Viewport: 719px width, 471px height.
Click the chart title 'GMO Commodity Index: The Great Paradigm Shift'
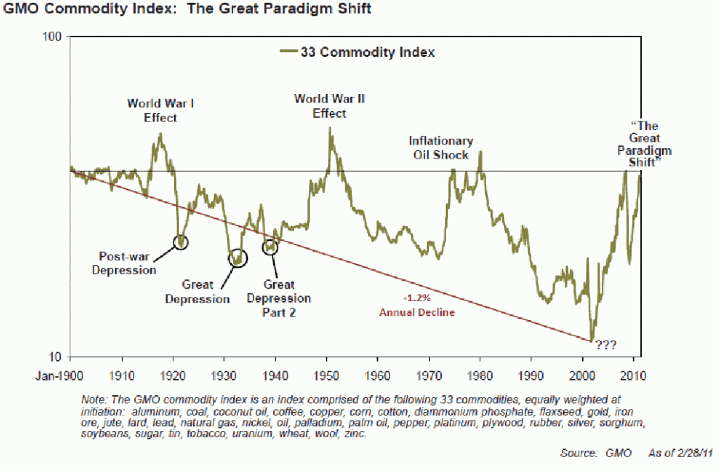pos(186,10)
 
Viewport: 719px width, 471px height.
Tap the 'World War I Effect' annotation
pos(161,111)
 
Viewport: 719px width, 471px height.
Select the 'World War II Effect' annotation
pos(330,106)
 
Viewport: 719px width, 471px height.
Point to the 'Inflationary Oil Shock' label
pos(441,148)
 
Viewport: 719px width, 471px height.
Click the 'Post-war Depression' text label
pos(124,263)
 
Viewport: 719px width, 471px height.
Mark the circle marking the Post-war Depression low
pos(182,242)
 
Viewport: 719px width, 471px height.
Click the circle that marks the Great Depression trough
pos(239,258)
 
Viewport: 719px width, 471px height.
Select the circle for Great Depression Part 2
pos(270,247)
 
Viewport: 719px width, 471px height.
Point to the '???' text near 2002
pos(606,345)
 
